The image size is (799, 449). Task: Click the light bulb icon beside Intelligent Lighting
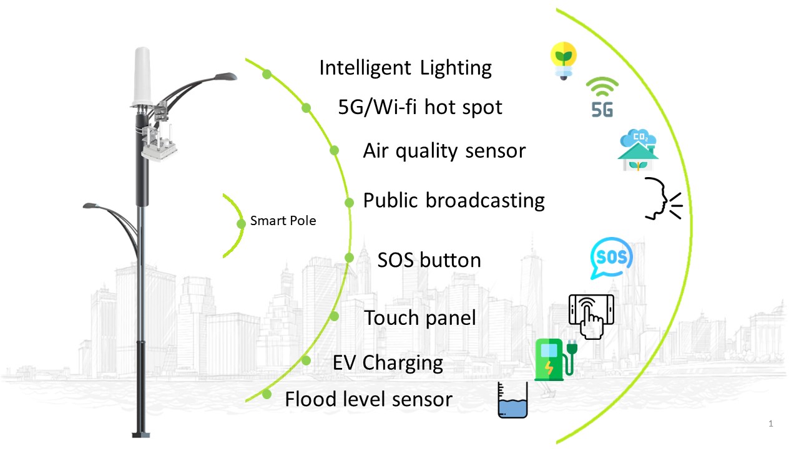(564, 60)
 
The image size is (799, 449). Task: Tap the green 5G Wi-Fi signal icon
(603, 99)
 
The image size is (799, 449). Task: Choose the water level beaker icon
(512, 401)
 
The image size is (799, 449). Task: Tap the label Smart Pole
(283, 221)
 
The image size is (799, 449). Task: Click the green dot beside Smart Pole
(241, 224)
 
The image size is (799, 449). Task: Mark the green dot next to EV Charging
(306, 360)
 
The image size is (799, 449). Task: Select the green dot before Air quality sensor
(334, 150)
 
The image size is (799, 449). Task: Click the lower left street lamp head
(91, 205)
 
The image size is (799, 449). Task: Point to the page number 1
(771, 424)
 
